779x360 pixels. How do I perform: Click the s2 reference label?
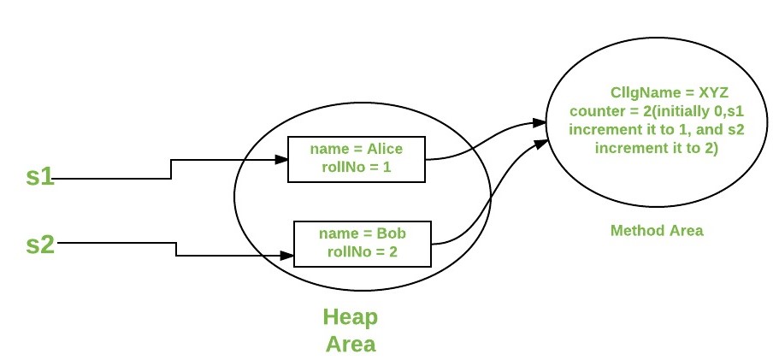pos(40,244)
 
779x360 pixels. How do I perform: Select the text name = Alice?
pos(357,150)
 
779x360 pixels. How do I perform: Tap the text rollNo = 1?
pos(357,167)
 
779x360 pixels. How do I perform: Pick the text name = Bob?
pos(362,233)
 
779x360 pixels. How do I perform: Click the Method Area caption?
pos(657,231)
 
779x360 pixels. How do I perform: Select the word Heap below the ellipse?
pos(350,318)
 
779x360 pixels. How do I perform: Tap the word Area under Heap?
pos(350,344)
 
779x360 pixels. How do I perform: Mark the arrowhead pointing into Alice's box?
pos(281,159)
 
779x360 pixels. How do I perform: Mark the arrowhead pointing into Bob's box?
pos(286,255)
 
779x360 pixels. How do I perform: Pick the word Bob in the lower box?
pos(390,233)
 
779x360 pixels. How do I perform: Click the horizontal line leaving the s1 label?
pos(111,178)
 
